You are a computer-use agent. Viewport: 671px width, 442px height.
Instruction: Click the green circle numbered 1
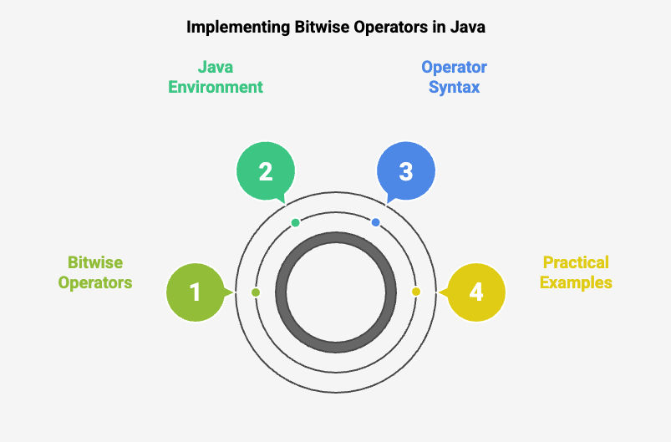coord(196,292)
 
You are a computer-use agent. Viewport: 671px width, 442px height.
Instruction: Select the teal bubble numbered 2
coord(266,171)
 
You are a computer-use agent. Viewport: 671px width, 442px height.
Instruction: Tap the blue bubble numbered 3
coord(405,171)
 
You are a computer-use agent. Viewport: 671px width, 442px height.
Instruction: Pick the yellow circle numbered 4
coord(475,292)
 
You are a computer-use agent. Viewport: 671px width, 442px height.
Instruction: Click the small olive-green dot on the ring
coord(256,292)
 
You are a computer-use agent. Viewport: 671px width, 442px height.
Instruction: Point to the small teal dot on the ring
coord(295,222)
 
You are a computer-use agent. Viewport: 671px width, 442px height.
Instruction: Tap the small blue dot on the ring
coord(376,222)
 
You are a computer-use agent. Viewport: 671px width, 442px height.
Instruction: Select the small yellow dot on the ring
coord(416,292)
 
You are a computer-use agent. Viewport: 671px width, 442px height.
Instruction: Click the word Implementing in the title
coord(238,28)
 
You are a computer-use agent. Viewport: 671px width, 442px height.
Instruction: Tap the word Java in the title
coord(467,27)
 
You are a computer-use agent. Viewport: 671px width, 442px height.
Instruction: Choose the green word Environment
coord(216,87)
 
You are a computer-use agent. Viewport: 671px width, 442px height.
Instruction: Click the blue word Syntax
coord(454,87)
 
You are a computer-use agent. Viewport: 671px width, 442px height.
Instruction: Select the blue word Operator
coord(454,67)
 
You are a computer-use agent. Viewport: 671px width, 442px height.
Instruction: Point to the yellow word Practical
coord(576,262)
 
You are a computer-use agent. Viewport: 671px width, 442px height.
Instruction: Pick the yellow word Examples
coord(576,282)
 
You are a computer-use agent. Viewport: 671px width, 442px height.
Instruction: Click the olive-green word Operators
coord(95,282)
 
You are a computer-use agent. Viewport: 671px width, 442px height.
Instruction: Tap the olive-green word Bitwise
coord(95,262)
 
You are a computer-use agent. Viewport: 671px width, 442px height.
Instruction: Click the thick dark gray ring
coord(336,237)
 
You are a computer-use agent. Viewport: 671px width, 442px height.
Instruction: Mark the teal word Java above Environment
coord(216,67)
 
